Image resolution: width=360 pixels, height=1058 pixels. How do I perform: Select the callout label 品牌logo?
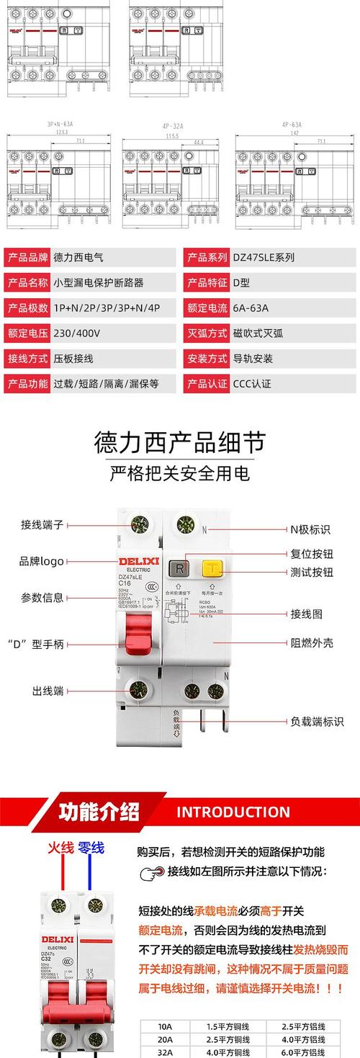(42, 562)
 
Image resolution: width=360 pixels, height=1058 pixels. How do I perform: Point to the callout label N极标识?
(310, 529)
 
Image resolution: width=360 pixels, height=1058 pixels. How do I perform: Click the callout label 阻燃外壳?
(312, 642)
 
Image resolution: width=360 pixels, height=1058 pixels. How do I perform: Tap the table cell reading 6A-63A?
(251, 308)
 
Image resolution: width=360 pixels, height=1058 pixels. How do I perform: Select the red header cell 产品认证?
(206, 383)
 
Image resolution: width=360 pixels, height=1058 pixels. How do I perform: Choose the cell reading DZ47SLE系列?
(264, 257)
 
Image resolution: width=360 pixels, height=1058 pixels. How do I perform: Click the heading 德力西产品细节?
(180, 442)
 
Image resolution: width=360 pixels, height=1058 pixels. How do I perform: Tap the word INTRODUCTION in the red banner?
(233, 812)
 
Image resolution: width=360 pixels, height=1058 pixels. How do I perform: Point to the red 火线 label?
(61, 848)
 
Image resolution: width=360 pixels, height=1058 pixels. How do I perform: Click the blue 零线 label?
(91, 848)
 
